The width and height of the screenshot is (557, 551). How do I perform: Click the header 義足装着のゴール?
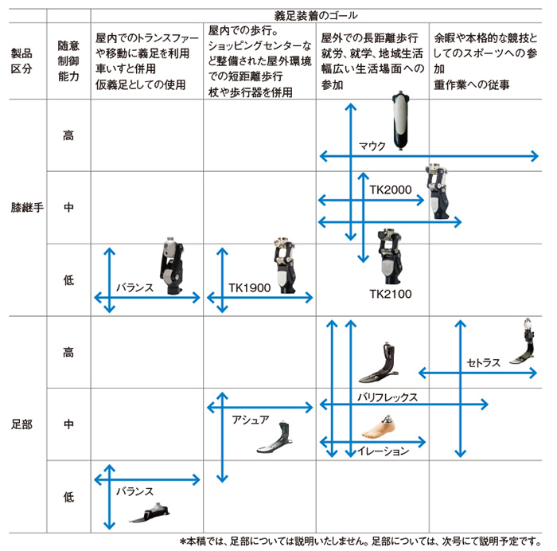(x=316, y=16)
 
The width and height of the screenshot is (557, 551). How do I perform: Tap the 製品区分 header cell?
(x=21, y=61)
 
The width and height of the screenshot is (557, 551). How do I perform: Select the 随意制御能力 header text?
(x=68, y=61)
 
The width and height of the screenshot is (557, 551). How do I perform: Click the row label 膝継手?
(x=27, y=207)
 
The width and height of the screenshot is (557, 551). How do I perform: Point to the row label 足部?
(x=21, y=424)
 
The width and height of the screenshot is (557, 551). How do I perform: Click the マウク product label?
(x=372, y=146)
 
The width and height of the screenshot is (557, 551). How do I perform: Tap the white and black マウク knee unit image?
(x=401, y=120)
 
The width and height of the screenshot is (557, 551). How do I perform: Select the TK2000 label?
(x=391, y=190)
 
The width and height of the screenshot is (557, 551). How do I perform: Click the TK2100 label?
(x=391, y=294)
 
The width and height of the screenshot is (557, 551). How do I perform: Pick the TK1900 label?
(x=249, y=287)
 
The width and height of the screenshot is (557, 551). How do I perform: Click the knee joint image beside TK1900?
(x=285, y=265)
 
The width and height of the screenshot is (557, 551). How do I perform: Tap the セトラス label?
(x=484, y=363)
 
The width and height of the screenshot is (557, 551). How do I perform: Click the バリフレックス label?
(x=388, y=397)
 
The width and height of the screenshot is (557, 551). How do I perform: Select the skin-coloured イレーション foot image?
(x=379, y=427)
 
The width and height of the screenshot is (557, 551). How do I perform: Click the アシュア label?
(x=251, y=420)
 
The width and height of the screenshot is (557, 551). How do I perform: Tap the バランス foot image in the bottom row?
(x=150, y=513)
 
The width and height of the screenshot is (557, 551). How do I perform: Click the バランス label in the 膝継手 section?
(x=134, y=287)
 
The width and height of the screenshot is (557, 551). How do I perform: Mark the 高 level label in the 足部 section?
(x=68, y=352)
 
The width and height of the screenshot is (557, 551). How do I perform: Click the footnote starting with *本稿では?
(x=360, y=541)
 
